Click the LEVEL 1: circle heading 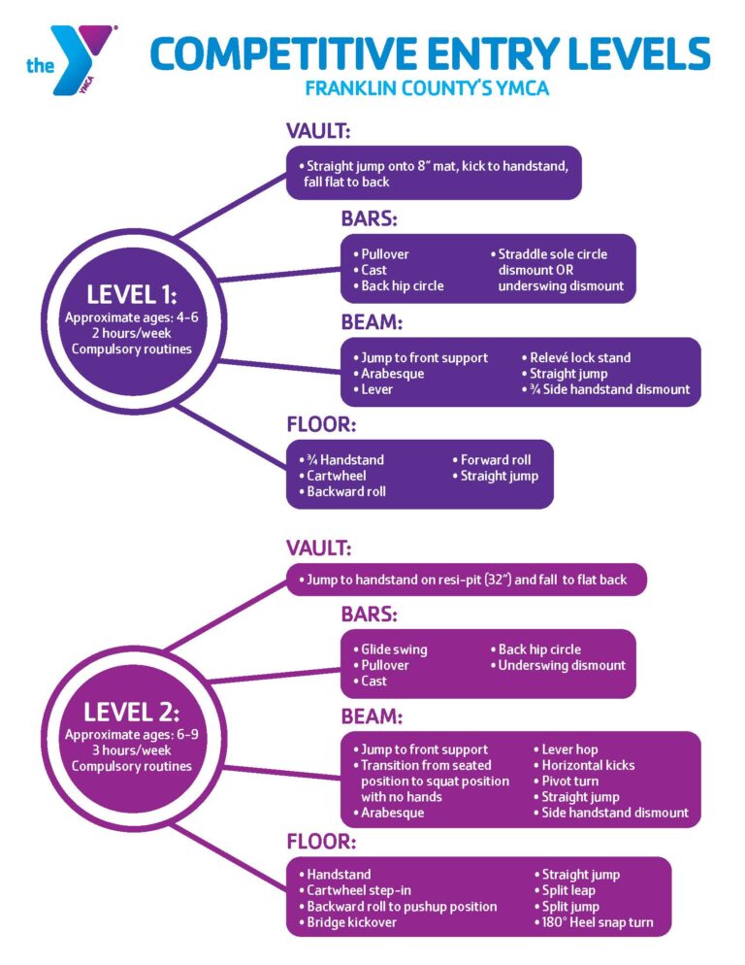pos(131,294)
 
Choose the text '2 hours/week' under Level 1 pos(131,333)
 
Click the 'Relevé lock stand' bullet pos(579,357)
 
